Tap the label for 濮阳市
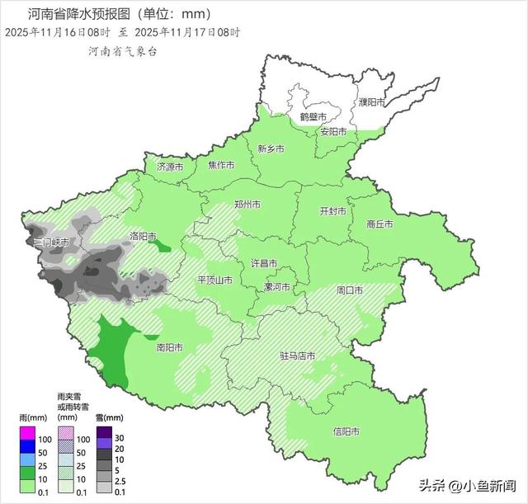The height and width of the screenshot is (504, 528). [372, 102]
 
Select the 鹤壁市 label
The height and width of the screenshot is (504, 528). [313, 117]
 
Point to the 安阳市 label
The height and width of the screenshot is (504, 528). [333, 132]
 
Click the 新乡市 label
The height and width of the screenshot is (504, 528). [271, 149]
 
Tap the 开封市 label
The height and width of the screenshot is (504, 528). [333, 210]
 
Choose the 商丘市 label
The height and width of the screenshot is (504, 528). [379, 224]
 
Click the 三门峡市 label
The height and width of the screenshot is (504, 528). [49, 243]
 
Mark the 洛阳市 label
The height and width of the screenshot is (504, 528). [144, 237]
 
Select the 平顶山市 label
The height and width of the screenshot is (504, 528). [214, 280]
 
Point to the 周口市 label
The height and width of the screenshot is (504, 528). [350, 290]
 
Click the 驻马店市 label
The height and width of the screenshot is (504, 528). [298, 356]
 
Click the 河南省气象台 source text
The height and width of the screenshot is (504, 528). [122, 51]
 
